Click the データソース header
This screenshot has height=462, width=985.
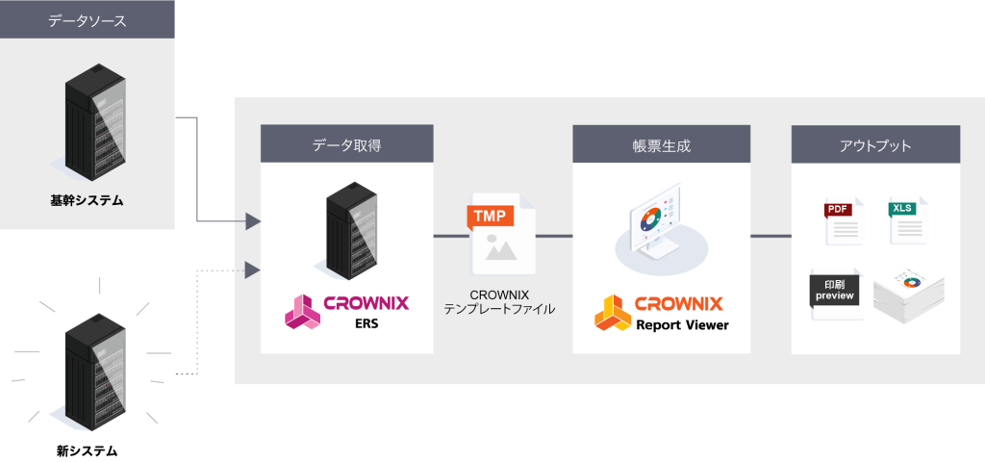(x=87, y=19)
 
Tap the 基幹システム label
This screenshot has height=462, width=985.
(x=88, y=201)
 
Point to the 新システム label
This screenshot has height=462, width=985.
(x=88, y=449)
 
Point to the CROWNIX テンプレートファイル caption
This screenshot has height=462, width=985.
(x=500, y=301)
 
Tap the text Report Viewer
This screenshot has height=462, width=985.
(x=682, y=325)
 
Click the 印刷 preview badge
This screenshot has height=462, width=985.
(x=836, y=292)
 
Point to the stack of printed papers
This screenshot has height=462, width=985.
(x=908, y=294)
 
